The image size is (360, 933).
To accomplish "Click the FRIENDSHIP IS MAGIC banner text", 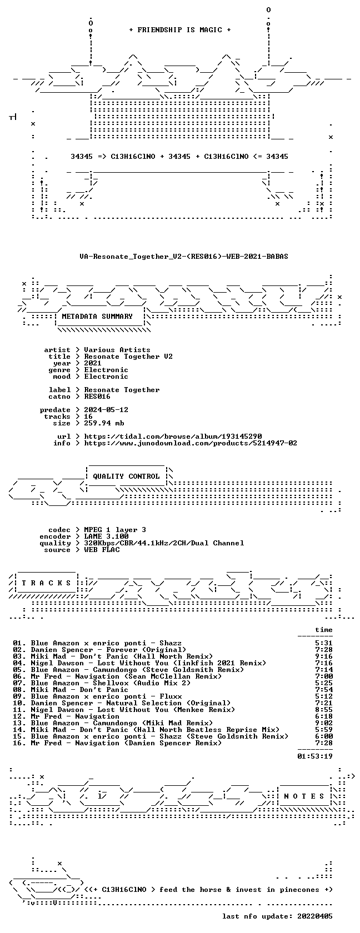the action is click(180, 30).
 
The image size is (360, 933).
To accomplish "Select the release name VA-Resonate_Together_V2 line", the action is click(184, 257).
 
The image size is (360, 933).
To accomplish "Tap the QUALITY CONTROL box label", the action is click(126, 476).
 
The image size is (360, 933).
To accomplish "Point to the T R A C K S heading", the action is click(46, 583).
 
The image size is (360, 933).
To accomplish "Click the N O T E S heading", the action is click(304, 796).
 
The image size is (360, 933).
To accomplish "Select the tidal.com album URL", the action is click(173, 437).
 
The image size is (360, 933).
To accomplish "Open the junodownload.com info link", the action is click(191, 443).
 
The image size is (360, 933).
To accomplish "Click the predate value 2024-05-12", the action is click(106, 410).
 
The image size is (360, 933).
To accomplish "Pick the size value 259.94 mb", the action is click(104, 423).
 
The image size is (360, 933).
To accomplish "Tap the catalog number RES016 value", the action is click(97, 397).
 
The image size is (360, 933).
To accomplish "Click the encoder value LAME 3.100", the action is click(106, 536).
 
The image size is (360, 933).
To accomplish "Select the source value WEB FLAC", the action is click(102, 550).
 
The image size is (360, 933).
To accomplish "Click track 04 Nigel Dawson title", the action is click(148, 663).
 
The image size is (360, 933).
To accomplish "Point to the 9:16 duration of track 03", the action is click(324, 656).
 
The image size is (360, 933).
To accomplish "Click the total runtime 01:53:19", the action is click(315, 756).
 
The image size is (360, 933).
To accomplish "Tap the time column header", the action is click(324, 630).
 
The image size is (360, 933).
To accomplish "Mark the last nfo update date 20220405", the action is click(315, 916).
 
